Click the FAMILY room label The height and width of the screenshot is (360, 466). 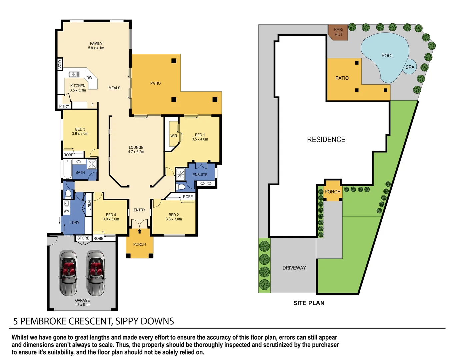[96, 44]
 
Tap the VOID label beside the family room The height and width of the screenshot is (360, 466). [60, 64]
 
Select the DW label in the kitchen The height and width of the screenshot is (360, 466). [89, 78]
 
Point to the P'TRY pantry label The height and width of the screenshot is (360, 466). [64, 106]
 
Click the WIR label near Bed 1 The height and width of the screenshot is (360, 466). [174, 136]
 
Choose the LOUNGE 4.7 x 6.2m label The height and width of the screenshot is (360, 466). [136, 149]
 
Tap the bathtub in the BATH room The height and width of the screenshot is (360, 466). [67, 170]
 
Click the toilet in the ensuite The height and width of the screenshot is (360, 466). [181, 187]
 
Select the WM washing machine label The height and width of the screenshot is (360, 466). [66, 211]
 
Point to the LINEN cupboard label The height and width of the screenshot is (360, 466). [89, 205]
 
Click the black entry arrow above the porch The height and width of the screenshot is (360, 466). [140, 231]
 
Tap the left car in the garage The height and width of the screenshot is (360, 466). [68, 273]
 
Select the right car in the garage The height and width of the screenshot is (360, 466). [96, 273]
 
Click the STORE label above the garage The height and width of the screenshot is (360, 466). [83, 238]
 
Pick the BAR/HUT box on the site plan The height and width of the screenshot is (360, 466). [338, 32]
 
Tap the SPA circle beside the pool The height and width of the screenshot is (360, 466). [410, 67]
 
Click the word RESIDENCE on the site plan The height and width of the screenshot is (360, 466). [326, 140]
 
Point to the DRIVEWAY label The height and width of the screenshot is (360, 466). [294, 268]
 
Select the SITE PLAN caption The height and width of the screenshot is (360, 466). [309, 303]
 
